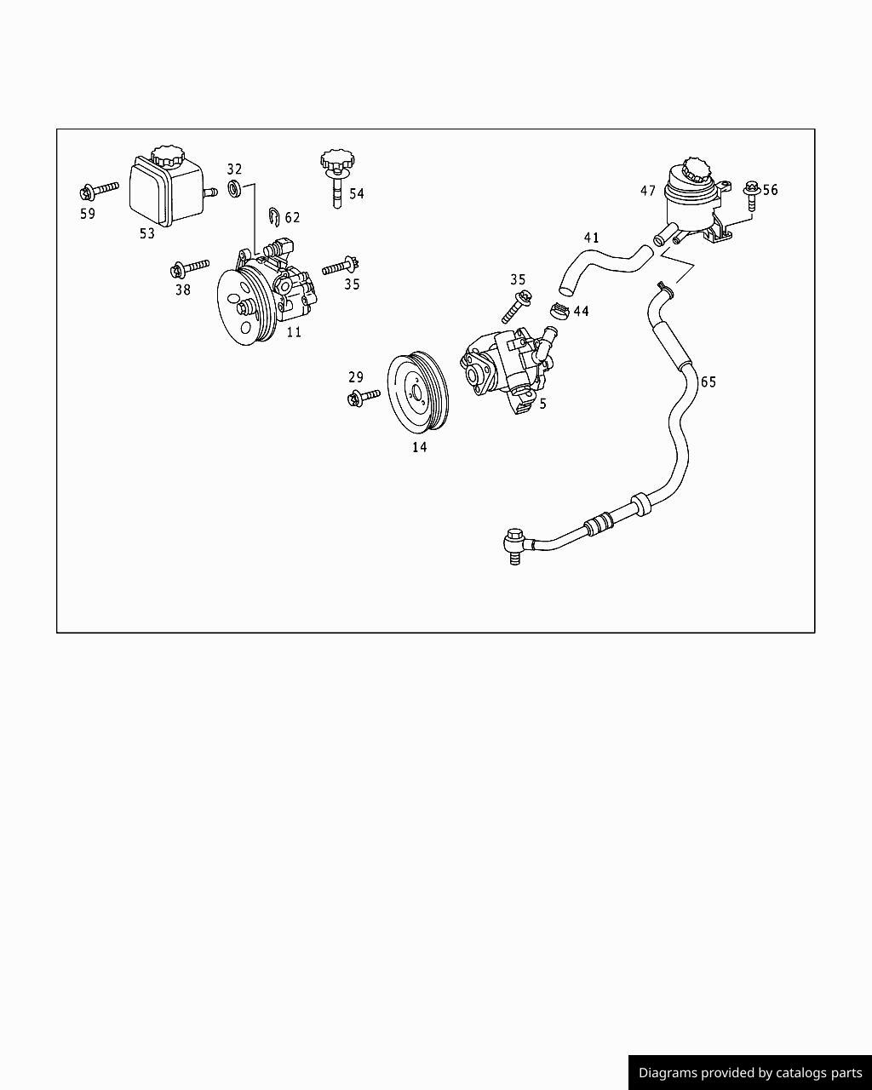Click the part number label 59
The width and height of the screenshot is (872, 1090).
[x=88, y=214]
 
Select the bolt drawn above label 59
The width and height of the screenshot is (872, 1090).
[x=98, y=189]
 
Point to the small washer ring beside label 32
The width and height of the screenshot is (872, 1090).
[x=234, y=186]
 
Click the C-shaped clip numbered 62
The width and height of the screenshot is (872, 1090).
[x=274, y=217]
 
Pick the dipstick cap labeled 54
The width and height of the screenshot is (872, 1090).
[x=336, y=162]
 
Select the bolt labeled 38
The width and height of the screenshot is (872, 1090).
[x=189, y=269]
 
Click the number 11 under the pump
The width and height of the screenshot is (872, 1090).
[x=294, y=332]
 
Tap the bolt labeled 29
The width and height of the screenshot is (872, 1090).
[x=364, y=396]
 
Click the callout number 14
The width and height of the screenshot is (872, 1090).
[x=419, y=447]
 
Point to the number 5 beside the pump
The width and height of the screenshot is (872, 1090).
[x=542, y=404]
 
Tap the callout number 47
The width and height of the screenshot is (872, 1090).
[x=648, y=192]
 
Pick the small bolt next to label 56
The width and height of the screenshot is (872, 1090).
[x=750, y=194]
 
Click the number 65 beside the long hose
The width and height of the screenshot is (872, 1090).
[x=708, y=381]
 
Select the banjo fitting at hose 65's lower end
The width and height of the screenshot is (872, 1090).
[x=514, y=542]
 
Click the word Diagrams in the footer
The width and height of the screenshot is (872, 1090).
[x=666, y=1073]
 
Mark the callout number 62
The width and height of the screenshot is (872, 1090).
[x=293, y=218]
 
